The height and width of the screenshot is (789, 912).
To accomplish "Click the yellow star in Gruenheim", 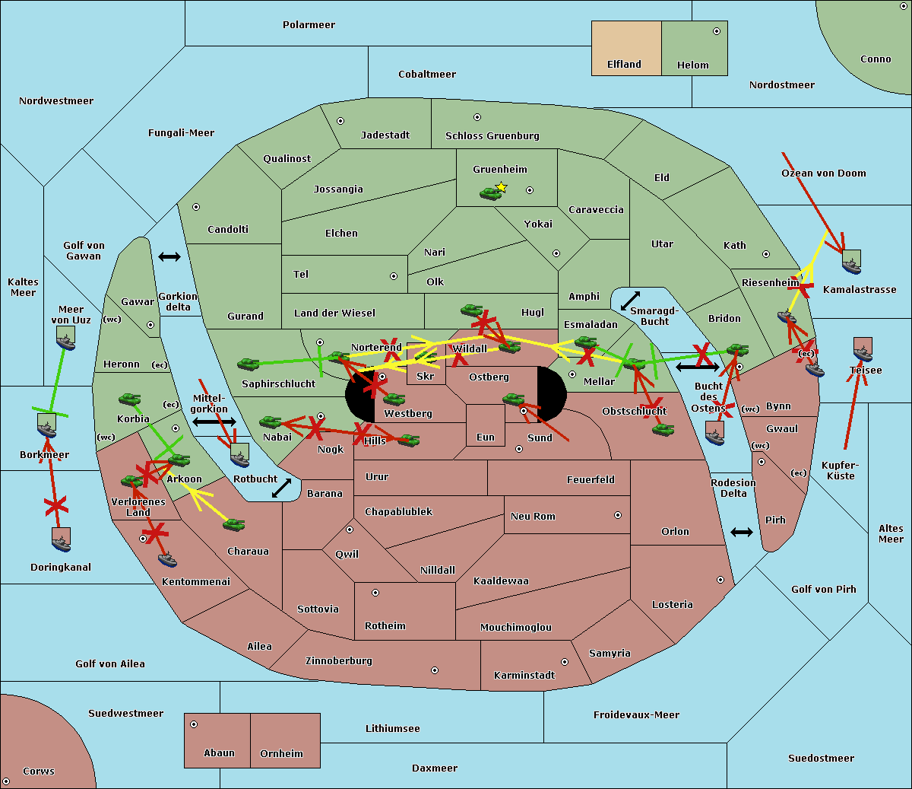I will click(x=501, y=187).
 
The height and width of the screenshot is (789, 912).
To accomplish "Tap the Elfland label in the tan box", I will click(x=624, y=65).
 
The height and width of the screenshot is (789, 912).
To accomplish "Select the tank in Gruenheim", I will click(x=490, y=194).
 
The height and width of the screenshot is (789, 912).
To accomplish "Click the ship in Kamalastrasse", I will click(x=851, y=262).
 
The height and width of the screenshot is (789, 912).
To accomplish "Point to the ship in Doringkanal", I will click(x=62, y=539).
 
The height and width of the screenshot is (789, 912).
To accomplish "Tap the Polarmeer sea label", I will click(x=309, y=25).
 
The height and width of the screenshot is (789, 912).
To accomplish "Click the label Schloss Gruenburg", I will click(x=492, y=136).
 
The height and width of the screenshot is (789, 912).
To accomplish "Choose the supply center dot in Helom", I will click(x=716, y=31).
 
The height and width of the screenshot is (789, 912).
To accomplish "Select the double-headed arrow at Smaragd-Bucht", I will click(x=630, y=301).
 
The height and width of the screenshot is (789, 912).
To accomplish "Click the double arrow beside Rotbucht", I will click(x=281, y=488).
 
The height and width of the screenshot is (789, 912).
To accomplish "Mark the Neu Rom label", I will click(x=533, y=517).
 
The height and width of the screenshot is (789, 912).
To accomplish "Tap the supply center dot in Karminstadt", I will click(x=564, y=662).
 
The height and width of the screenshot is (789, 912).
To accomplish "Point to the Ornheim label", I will click(x=281, y=754).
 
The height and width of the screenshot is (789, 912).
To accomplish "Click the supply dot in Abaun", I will click(x=194, y=724).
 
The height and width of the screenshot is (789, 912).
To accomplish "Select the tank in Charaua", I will click(x=233, y=524).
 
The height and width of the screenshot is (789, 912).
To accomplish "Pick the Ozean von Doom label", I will click(x=824, y=173).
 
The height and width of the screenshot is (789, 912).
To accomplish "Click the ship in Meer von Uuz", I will click(x=66, y=339).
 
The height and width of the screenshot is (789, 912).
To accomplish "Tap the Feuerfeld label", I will click(x=591, y=480).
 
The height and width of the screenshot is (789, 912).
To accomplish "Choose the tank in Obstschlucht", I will click(x=663, y=430).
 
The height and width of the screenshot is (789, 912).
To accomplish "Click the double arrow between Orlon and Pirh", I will click(x=742, y=532).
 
